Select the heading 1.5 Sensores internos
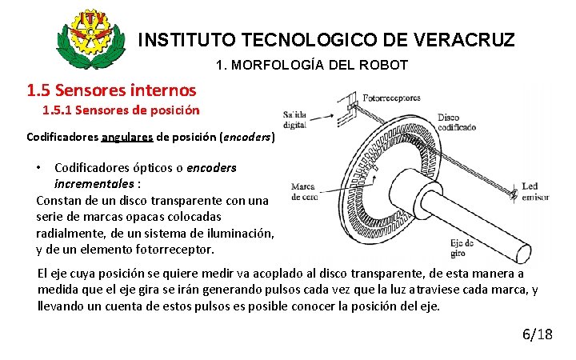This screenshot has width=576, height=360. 111,90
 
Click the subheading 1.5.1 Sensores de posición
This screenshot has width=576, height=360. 121,110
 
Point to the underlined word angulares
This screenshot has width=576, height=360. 127,137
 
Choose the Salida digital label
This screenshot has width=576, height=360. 293,118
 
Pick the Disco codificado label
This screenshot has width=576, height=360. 457,122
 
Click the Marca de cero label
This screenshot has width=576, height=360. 303,192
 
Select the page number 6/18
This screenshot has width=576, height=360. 536,334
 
